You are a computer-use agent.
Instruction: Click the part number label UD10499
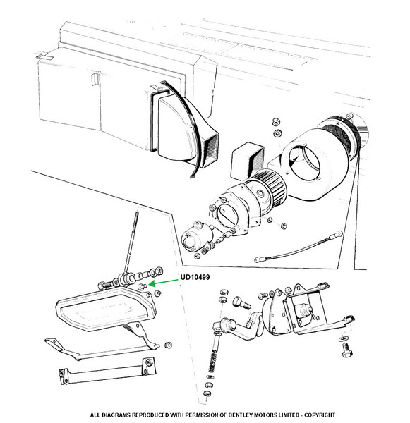pyautogui.click(x=195, y=277)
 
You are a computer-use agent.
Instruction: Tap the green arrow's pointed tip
pyautogui.click(x=149, y=284)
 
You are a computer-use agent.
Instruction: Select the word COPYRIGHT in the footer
pyautogui.click(x=320, y=415)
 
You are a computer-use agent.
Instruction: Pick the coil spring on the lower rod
pyautogui.click(x=213, y=362)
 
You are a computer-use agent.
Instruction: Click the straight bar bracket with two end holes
pyautogui.click(x=107, y=370)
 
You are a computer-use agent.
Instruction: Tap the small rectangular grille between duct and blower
pyautogui.click(x=248, y=161)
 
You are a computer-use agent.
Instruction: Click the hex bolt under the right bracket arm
pyautogui.click(x=347, y=350)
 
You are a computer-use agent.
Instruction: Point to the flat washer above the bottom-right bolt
pyautogui.click(x=342, y=338)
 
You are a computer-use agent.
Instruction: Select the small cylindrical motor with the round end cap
pyautogui.click(x=196, y=238)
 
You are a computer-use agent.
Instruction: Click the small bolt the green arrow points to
pyautogui.click(x=143, y=286)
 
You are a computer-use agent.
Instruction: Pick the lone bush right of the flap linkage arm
pyautogui.click(x=168, y=345)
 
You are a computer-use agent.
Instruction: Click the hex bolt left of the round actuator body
pyautogui.click(x=241, y=303)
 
